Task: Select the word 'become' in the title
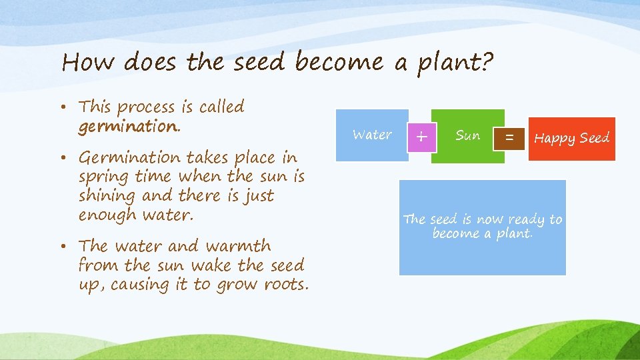point(339,62)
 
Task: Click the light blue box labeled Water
point(372,135)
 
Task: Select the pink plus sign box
point(421,137)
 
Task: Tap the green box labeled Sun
point(467,136)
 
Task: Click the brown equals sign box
point(509,138)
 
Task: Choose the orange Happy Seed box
point(571,139)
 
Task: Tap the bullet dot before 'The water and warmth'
point(69,247)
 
